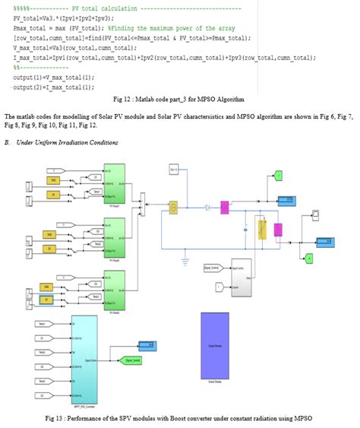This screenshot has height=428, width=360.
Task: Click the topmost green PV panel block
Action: coord(115,183)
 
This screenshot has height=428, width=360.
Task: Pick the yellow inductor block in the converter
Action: coord(264,229)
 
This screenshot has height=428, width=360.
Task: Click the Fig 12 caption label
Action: coord(179,99)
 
